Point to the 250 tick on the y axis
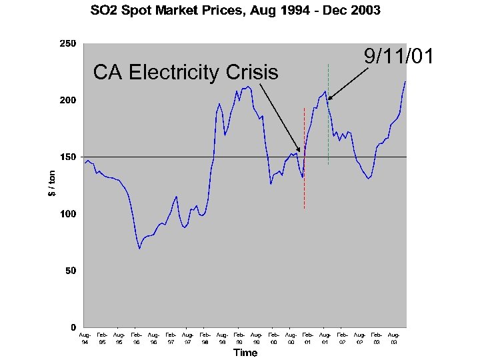pyautogui.click(x=69, y=44)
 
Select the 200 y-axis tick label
pyautogui.click(x=69, y=101)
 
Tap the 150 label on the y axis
pyautogui.click(x=69, y=157)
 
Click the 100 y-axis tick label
pyautogui.click(x=69, y=214)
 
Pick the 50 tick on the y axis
pyautogui.click(x=71, y=271)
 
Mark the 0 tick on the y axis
pyautogui.click(x=73, y=327)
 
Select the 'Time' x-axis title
pyautogui.click(x=245, y=353)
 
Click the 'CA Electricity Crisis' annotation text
pyautogui.click(x=185, y=72)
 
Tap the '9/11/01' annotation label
pyautogui.click(x=399, y=57)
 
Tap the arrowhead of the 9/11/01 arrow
pyautogui.click(x=329, y=99)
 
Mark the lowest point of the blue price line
pyautogui.click(x=139, y=249)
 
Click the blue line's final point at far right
pyautogui.click(x=405, y=81)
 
